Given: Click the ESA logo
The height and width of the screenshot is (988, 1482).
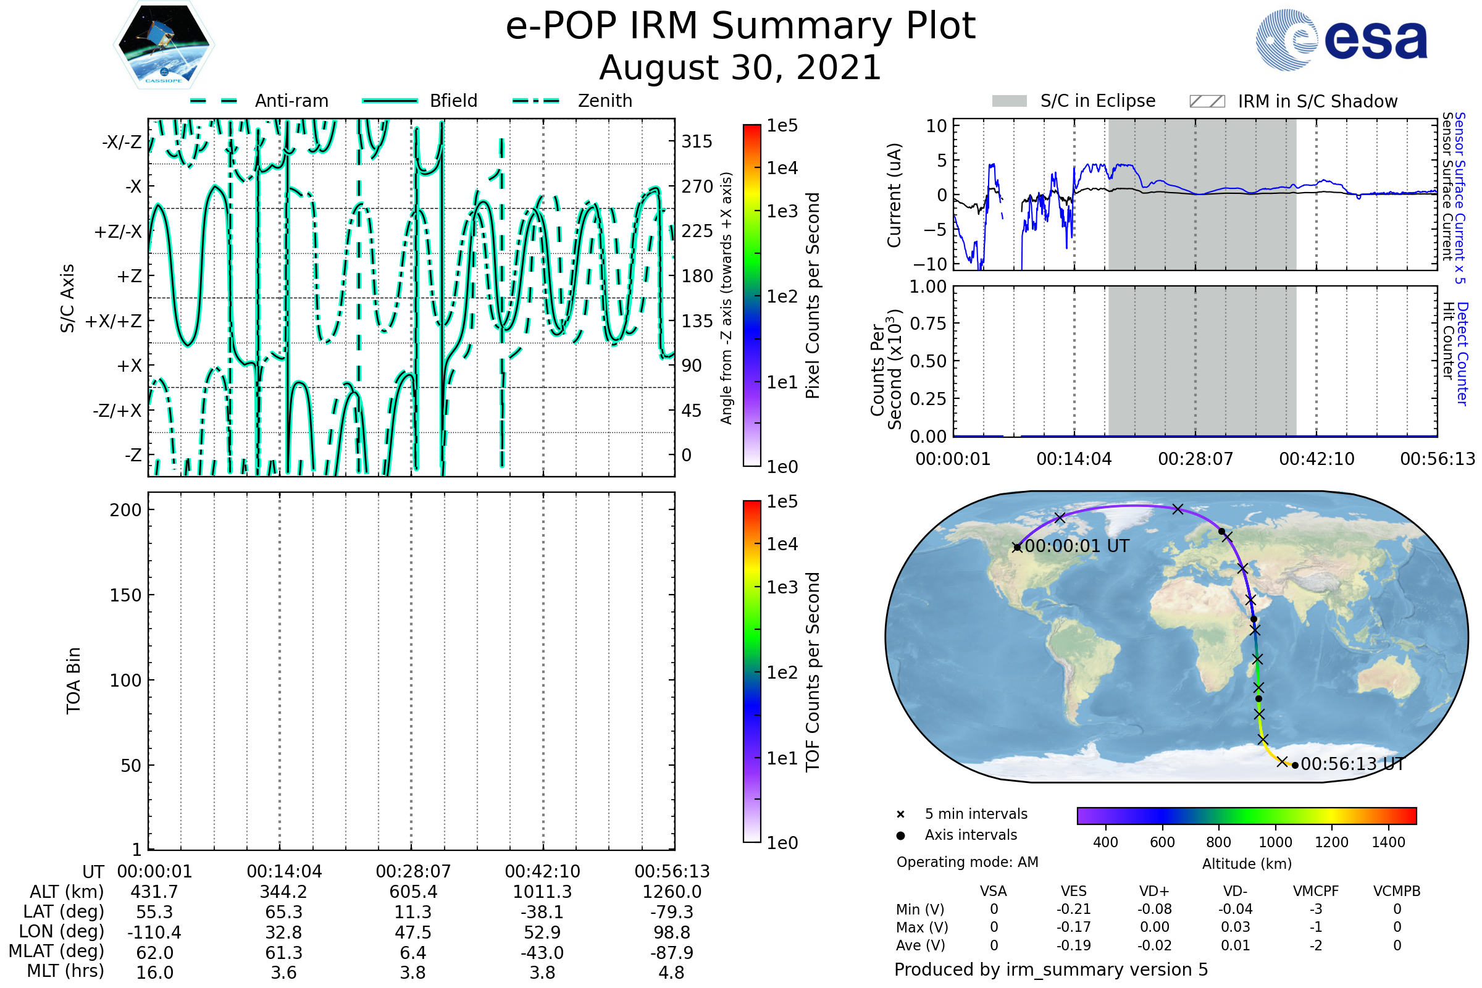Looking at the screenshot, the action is point(1341,39).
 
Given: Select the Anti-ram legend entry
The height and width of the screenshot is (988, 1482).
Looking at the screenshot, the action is point(259,101).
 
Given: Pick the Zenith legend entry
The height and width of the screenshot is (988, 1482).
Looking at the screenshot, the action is point(572,101).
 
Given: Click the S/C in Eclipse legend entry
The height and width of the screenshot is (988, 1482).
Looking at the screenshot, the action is point(1074,101).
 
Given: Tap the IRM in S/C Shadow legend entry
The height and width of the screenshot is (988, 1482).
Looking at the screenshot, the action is point(1294,101).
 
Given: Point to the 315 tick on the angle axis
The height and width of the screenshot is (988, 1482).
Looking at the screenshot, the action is point(697,141).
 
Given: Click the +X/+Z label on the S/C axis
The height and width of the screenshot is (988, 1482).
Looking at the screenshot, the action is point(114,321).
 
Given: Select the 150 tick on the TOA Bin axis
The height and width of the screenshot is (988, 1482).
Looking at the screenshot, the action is point(126,595).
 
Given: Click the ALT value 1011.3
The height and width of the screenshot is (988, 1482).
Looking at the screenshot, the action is point(543,892).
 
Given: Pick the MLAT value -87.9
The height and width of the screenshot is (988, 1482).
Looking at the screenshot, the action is point(672,953).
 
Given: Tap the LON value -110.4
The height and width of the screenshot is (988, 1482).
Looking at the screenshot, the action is point(154,932).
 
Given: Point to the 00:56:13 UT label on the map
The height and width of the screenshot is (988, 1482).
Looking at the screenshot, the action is point(1352,764).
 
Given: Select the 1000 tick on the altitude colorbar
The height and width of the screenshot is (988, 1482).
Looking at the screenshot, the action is point(1275,842).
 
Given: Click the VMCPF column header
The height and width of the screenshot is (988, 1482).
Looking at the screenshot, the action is point(1316,891).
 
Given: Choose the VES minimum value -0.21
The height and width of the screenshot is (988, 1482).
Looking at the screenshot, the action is point(1074,909).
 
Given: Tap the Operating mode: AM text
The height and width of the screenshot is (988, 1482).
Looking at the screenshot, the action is point(967,862).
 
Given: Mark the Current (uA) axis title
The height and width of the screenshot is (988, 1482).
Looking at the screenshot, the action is point(895,195).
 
